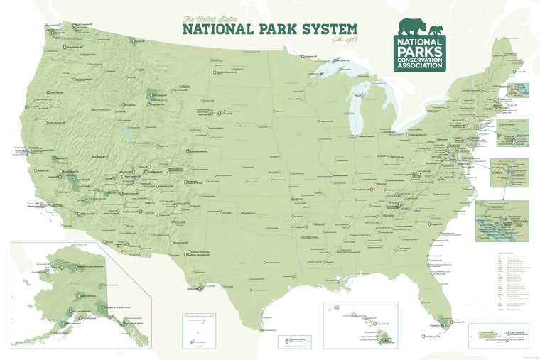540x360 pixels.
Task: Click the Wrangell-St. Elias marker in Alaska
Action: [x=102, y=308]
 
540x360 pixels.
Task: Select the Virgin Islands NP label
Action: [x=517, y=332]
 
